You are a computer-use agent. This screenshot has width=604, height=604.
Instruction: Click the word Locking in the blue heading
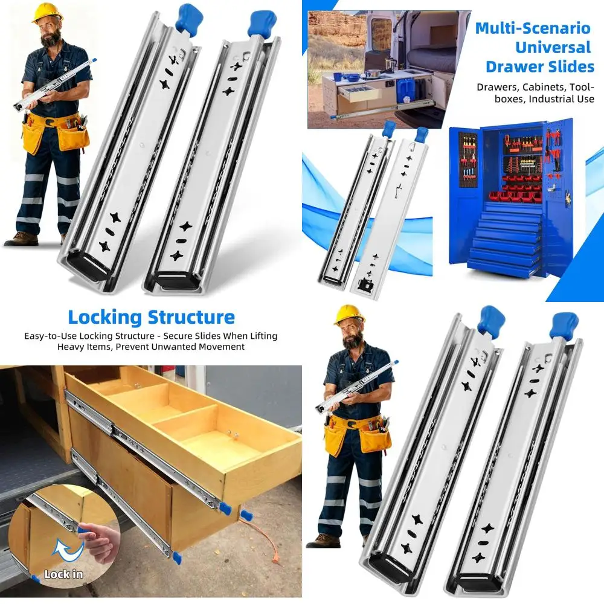click(x=104, y=317)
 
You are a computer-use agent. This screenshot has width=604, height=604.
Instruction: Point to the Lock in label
click(x=63, y=574)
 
